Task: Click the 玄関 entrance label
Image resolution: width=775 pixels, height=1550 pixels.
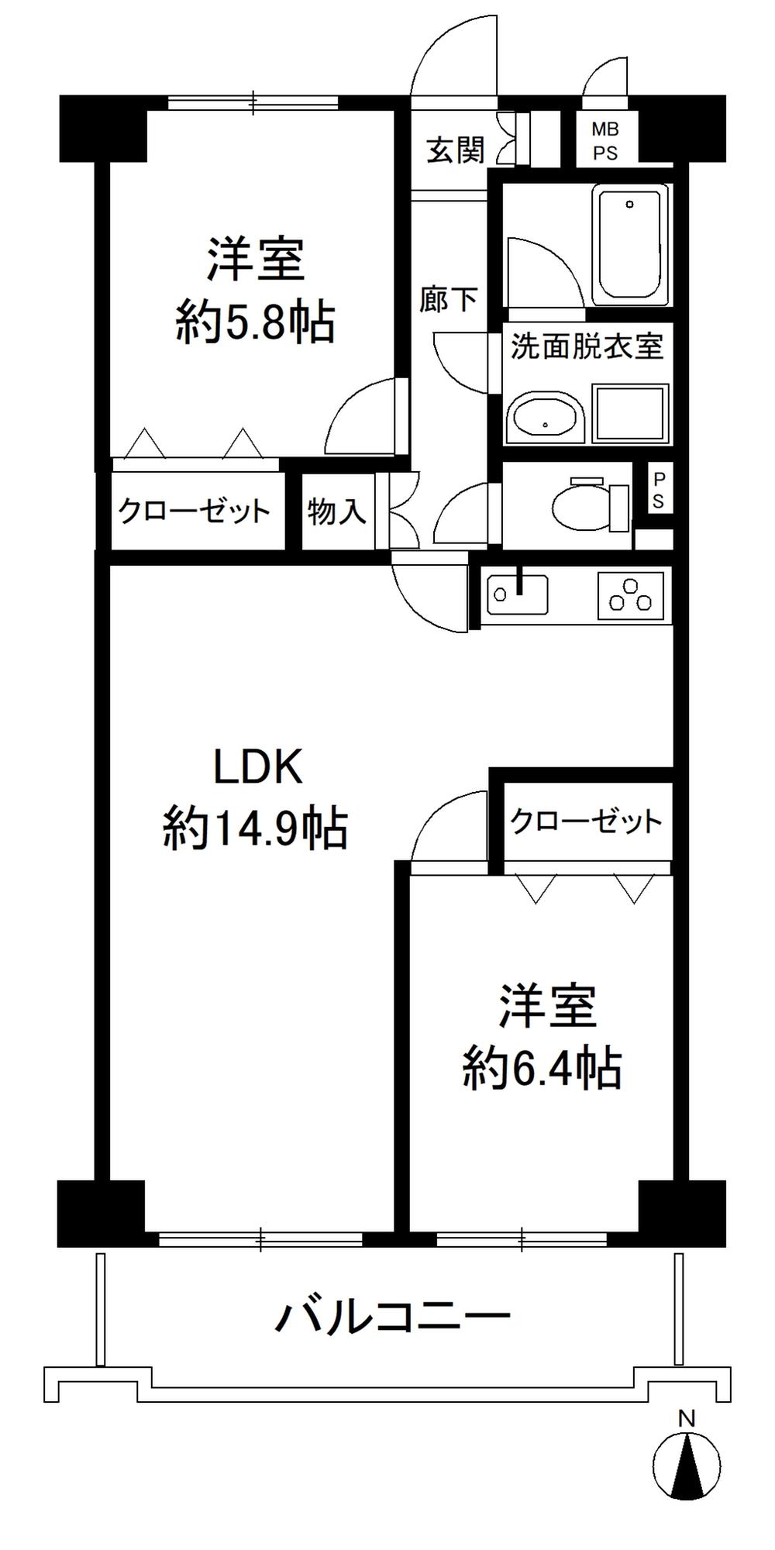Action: [x=456, y=150]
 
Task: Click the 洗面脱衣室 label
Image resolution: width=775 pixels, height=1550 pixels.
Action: [x=587, y=346]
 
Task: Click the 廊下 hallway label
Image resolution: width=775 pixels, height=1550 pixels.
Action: [x=449, y=298]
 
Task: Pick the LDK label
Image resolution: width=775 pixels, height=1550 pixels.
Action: [x=257, y=769]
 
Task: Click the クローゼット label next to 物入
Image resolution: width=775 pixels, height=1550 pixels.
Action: [x=194, y=511]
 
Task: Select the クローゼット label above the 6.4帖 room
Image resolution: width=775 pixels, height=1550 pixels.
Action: [x=587, y=821]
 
